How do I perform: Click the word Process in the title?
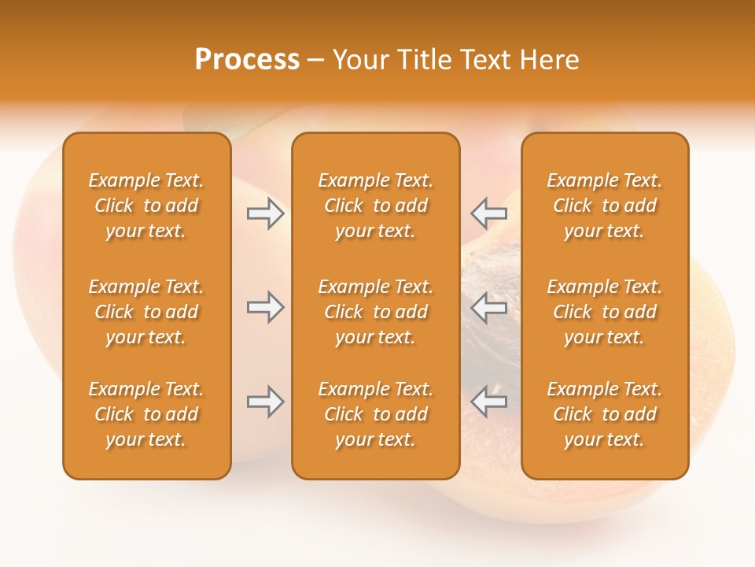(x=247, y=60)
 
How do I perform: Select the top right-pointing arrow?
(x=266, y=213)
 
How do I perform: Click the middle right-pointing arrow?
(x=266, y=307)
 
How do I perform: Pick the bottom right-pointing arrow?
(x=266, y=402)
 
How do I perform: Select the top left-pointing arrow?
(x=488, y=213)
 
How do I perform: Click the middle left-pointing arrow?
(x=488, y=307)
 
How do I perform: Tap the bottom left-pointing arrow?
(x=488, y=402)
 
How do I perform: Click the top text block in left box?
(x=146, y=206)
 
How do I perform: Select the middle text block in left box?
(x=146, y=312)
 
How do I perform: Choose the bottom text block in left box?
(x=146, y=414)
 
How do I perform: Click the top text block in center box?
(x=375, y=206)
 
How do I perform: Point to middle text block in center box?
(x=375, y=312)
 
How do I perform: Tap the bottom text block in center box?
(x=375, y=414)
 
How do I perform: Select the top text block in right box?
(x=604, y=206)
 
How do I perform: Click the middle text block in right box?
(x=604, y=312)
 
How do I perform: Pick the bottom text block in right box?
(x=604, y=414)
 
